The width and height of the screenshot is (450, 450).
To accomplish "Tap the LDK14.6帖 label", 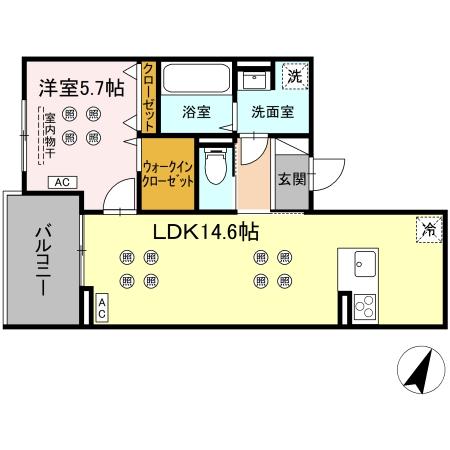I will click(x=206, y=232).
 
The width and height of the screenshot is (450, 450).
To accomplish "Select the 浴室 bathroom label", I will click(x=196, y=113).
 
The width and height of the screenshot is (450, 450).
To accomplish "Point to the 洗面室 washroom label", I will click(x=270, y=113).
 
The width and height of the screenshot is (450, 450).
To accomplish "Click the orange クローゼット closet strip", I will click(x=148, y=96).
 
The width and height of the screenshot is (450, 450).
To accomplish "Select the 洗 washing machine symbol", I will click(x=294, y=76).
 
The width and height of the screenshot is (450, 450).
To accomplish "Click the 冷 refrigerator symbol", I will click(x=427, y=228).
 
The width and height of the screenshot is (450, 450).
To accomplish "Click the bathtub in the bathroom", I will click(x=195, y=79).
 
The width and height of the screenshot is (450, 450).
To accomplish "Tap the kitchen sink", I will click(x=363, y=265).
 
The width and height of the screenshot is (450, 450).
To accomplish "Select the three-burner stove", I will click(x=365, y=307).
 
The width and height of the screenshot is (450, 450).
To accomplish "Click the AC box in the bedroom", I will click(x=62, y=181).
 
